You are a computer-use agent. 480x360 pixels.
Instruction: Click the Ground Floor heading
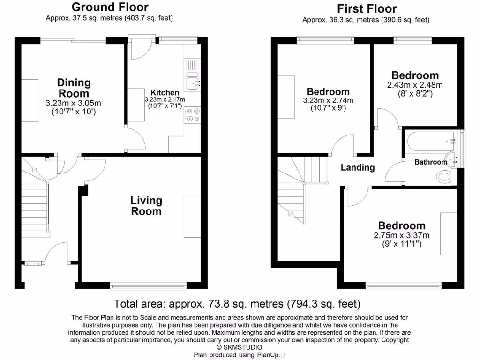[110, 7]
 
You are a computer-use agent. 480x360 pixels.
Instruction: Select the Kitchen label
[165, 92]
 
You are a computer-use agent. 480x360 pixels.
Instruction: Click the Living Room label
[146, 206]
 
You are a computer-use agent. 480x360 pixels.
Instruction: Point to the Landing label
[358, 167]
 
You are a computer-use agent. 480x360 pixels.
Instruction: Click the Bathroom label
[431, 162]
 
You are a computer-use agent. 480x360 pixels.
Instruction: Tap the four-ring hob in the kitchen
[193, 115]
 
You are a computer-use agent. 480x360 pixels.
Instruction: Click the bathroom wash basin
[452, 159]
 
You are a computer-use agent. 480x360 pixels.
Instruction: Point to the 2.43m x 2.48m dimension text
[415, 85]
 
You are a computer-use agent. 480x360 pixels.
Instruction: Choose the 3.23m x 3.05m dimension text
[74, 103]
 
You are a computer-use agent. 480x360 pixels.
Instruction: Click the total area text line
[237, 303]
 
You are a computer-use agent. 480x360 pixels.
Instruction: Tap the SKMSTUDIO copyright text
[239, 347]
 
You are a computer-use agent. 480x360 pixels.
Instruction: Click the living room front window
[149, 285]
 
